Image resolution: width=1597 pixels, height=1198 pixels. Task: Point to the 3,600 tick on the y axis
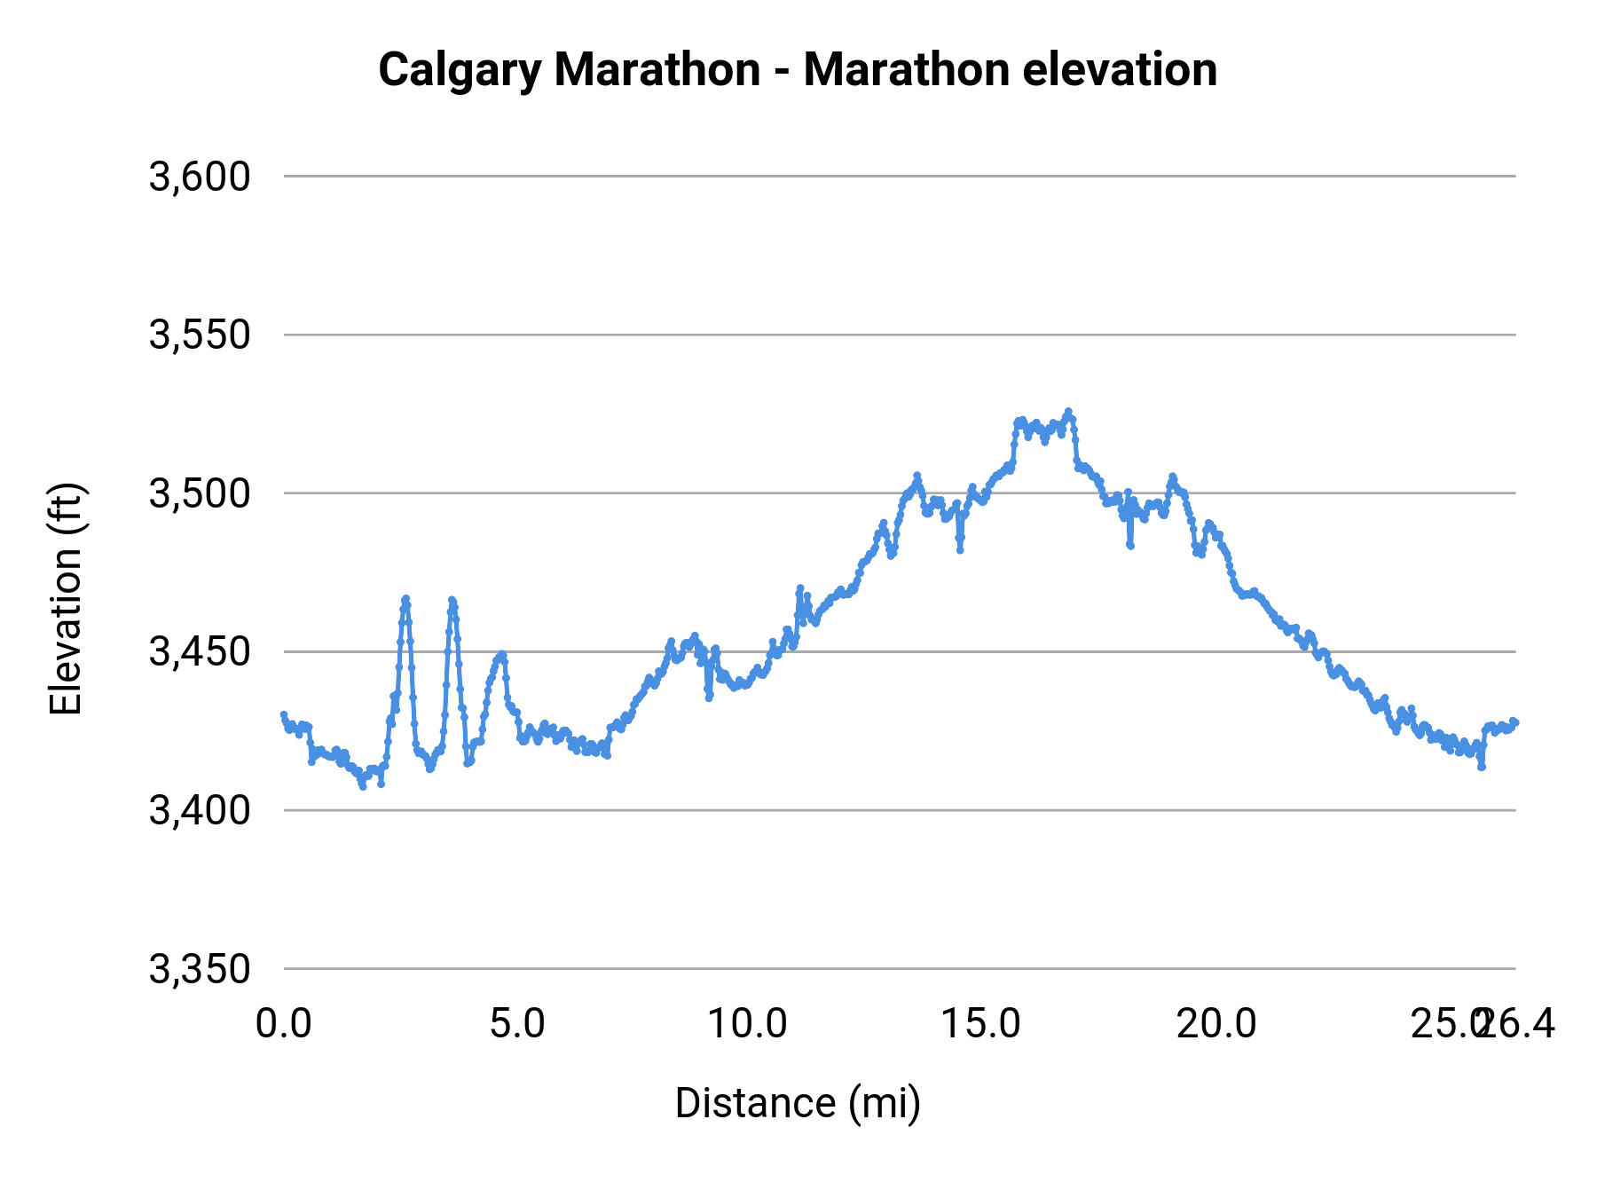click(x=200, y=177)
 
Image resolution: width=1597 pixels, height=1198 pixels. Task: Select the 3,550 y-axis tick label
click(x=200, y=335)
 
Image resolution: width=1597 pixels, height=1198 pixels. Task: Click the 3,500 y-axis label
click(x=200, y=493)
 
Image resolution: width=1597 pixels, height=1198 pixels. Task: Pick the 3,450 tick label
click(x=200, y=652)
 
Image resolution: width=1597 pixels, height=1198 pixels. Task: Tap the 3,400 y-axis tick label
click(x=200, y=810)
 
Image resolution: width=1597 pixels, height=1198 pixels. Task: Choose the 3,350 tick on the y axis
click(x=200, y=969)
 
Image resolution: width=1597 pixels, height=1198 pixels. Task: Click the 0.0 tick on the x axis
click(x=284, y=1024)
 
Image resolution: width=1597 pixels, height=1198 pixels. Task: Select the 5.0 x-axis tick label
click(x=517, y=1024)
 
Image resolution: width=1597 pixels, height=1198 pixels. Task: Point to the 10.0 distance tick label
click(x=747, y=1024)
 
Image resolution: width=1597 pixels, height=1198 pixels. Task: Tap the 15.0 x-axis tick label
click(x=981, y=1024)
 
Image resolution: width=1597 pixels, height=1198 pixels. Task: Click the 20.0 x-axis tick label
click(x=1215, y=1024)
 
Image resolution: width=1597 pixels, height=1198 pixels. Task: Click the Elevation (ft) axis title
click(x=66, y=599)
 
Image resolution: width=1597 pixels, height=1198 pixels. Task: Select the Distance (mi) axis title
click(x=798, y=1103)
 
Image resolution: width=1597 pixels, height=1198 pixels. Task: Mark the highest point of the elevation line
click(x=1068, y=411)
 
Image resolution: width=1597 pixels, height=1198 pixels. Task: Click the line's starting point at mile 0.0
click(x=284, y=714)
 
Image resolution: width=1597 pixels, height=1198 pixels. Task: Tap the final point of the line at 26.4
click(x=1515, y=721)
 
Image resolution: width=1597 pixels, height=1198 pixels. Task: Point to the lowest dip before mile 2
click(x=363, y=786)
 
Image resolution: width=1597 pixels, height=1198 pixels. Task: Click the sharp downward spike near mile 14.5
click(x=960, y=550)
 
